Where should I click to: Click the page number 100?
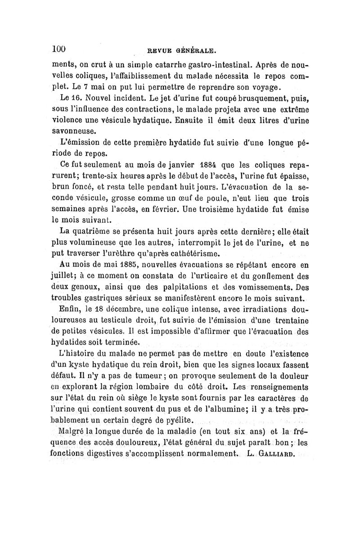click(x=59, y=49)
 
